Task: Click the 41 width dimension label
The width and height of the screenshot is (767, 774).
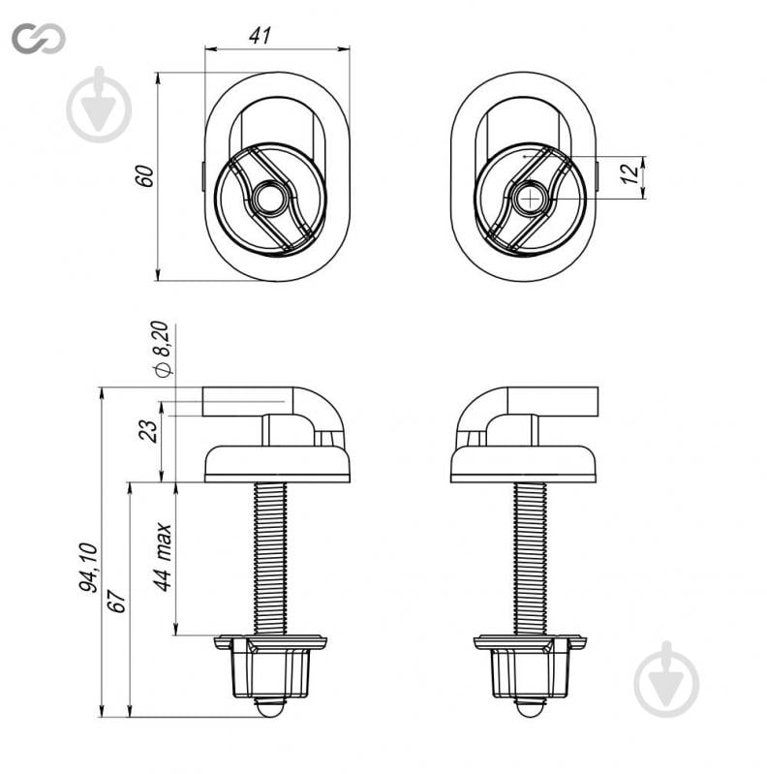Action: (x=261, y=35)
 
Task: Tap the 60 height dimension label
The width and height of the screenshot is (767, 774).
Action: (x=145, y=175)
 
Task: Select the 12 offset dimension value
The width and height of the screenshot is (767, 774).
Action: (x=629, y=174)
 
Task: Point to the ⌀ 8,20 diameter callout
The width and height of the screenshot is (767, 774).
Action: (x=162, y=349)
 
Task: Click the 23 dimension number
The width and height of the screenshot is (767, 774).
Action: (x=148, y=431)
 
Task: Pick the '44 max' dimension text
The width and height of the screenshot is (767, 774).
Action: (x=162, y=556)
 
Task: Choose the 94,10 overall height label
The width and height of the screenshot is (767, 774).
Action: (x=89, y=567)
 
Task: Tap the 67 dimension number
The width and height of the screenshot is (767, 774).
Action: (x=117, y=601)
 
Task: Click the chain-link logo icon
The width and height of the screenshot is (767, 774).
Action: (x=39, y=38)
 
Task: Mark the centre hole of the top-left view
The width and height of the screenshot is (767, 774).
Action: (x=269, y=198)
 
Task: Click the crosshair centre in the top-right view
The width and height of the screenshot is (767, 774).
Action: (x=529, y=199)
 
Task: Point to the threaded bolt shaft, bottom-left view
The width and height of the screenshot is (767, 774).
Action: (x=270, y=558)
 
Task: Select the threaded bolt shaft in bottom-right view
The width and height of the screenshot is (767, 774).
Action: (x=530, y=558)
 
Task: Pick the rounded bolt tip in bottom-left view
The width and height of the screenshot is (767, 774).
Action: (x=270, y=708)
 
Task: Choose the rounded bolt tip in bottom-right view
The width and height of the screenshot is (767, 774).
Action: (x=530, y=708)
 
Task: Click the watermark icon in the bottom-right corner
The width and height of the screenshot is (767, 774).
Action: (x=667, y=680)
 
